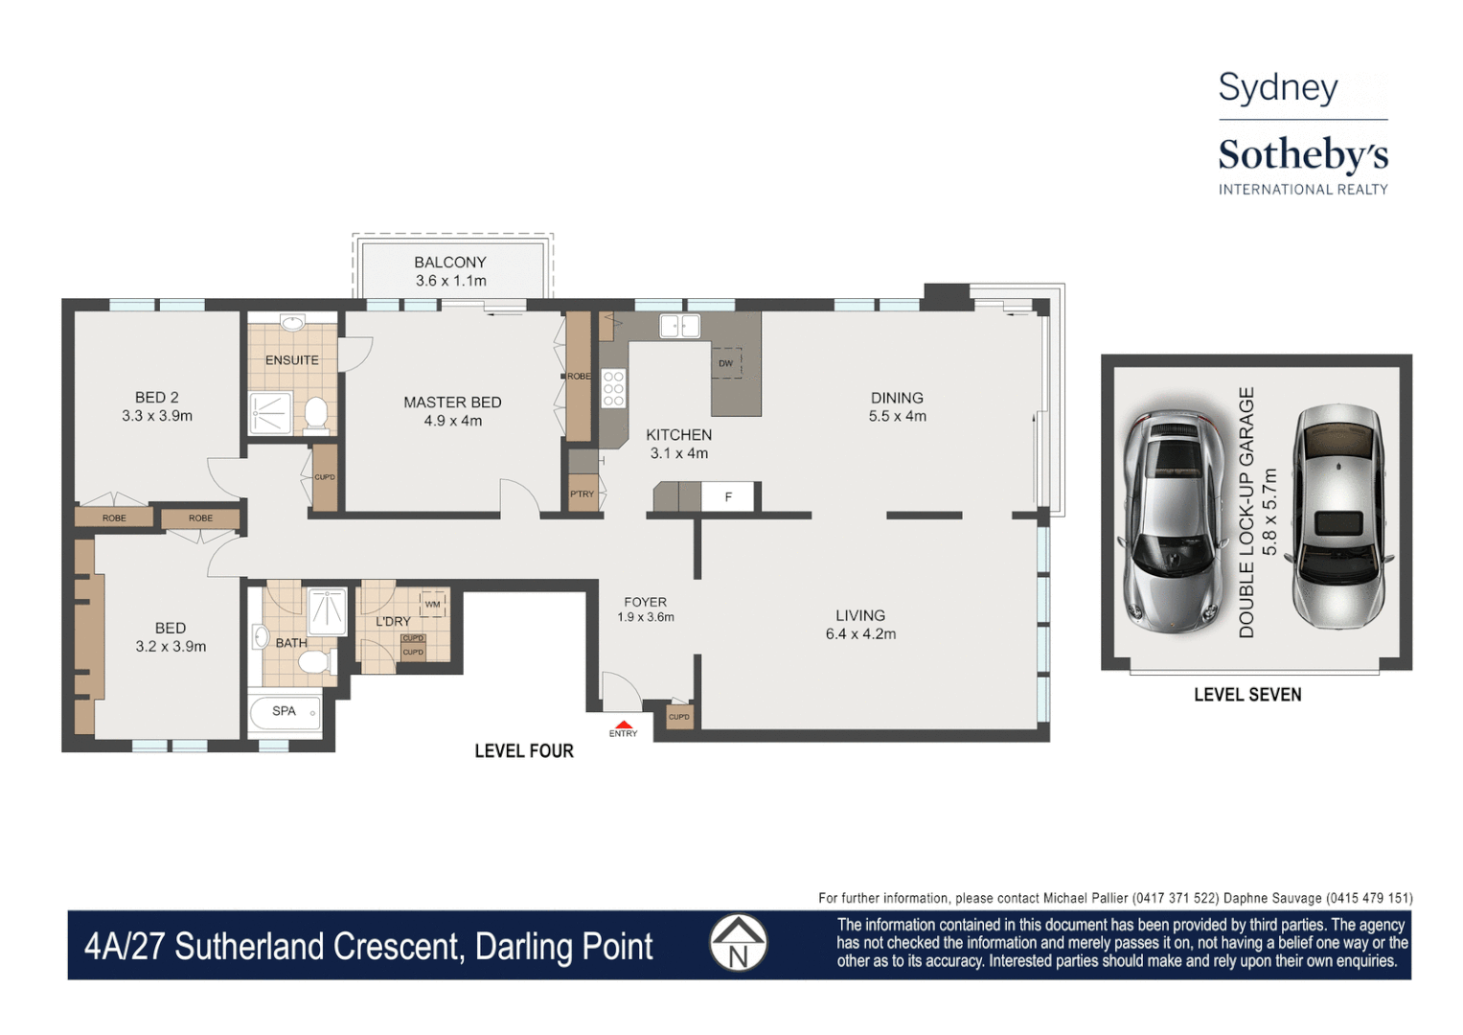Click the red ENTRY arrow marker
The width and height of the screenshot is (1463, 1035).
[x=623, y=724]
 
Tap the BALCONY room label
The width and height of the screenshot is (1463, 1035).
[x=450, y=262]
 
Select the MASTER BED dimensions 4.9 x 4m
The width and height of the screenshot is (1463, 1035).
[x=452, y=421]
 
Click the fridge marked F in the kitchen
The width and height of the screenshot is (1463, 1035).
[x=728, y=496]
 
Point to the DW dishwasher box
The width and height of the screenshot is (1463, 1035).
[x=726, y=362]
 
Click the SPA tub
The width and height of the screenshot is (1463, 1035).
[x=285, y=712]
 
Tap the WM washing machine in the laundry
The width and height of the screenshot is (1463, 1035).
[x=432, y=604]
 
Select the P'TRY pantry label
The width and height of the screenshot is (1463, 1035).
[x=582, y=494]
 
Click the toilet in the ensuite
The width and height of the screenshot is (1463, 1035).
[x=316, y=415]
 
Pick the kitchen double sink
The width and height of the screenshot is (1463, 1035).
[x=679, y=327]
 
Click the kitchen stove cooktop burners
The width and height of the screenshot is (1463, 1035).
[x=613, y=388]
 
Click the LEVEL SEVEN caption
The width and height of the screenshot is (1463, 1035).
[x=1246, y=695]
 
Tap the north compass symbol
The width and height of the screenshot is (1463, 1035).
[x=738, y=943]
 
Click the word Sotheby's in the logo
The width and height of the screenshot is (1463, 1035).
[x=1302, y=155]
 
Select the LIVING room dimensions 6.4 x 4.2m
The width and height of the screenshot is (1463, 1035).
[x=860, y=634]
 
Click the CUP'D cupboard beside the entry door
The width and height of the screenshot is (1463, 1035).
[x=678, y=717]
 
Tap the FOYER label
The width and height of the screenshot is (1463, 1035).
[x=645, y=602]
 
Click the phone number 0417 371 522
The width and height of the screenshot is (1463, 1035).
[x=1176, y=898]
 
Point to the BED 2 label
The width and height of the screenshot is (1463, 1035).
[x=156, y=397]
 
